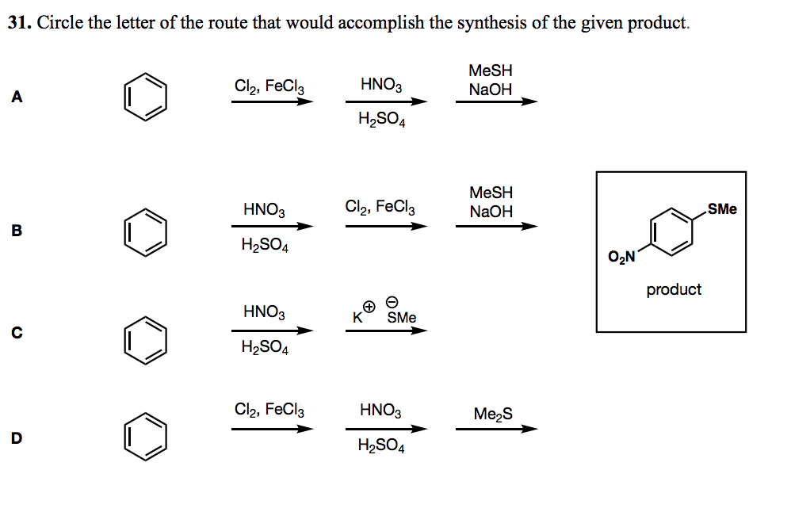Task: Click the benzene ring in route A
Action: click(x=146, y=99)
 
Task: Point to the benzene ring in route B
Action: click(x=146, y=232)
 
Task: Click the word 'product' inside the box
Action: click(x=674, y=289)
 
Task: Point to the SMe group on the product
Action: click(x=722, y=209)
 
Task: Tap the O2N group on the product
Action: click(x=622, y=256)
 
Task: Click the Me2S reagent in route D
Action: click(x=493, y=414)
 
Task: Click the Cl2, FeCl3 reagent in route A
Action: click(x=269, y=86)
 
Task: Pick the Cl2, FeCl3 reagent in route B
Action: click(x=380, y=207)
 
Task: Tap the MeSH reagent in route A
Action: click(x=491, y=71)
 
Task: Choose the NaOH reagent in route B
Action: click(x=491, y=212)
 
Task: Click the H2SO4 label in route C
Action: click(x=265, y=347)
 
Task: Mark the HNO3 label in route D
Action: click(x=380, y=411)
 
